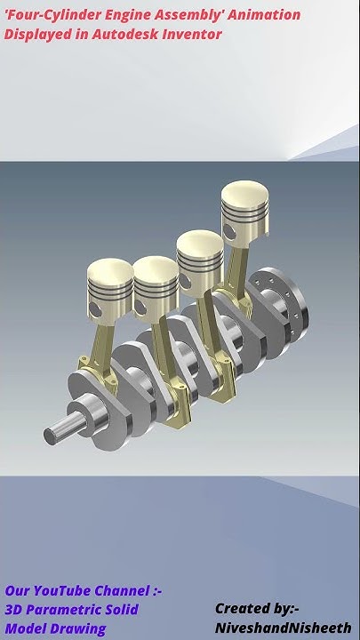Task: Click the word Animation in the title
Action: click(266, 15)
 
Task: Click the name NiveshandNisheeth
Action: click(282, 628)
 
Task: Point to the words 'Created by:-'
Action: click(256, 609)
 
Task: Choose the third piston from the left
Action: click(200, 253)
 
